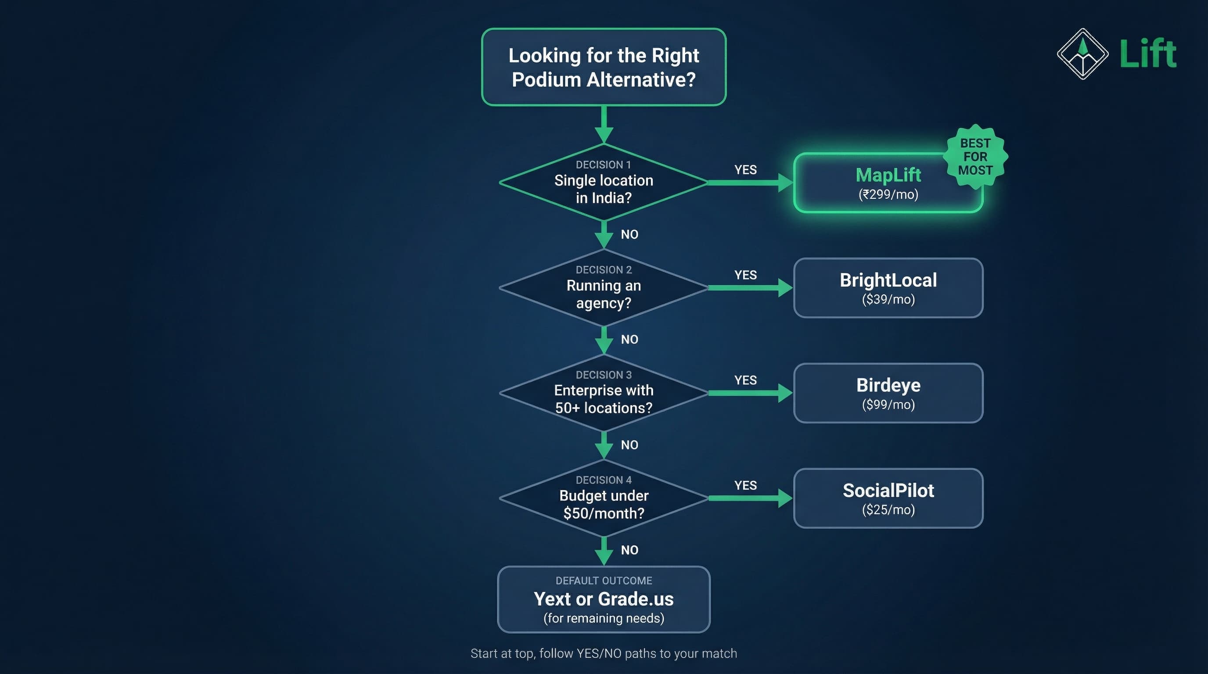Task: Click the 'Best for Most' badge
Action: tap(975, 157)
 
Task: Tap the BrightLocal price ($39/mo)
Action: tap(888, 300)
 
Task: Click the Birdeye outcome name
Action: tap(888, 385)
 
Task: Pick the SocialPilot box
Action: tap(888, 498)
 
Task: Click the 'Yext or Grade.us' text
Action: tap(604, 599)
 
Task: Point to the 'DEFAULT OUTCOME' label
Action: tap(604, 581)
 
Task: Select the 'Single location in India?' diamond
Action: tap(604, 183)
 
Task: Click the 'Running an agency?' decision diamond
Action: tap(604, 288)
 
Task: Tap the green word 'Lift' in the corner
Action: tap(1148, 54)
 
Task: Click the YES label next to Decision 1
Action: tap(745, 170)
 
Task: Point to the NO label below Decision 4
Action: tap(629, 550)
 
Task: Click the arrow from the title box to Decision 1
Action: tap(604, 124)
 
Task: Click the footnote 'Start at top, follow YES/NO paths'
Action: tap(604, 653)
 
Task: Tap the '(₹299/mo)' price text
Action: tap(888, 194)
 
